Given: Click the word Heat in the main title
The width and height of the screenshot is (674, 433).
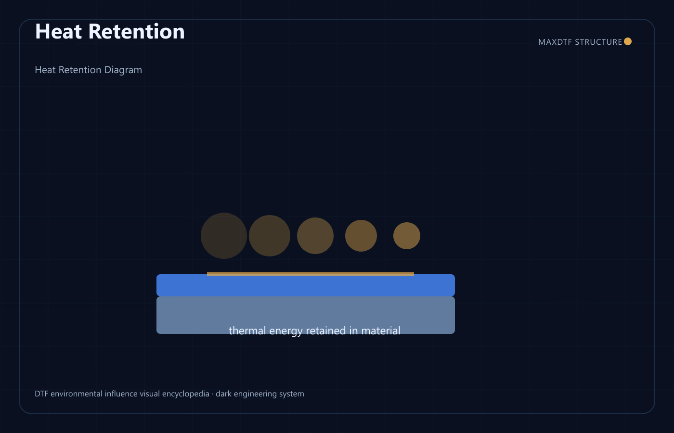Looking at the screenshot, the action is tap(58, 31).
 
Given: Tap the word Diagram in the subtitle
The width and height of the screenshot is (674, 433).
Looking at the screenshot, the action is tap(123, 70).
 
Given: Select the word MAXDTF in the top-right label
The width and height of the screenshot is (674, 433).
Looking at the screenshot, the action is tap(555, 42).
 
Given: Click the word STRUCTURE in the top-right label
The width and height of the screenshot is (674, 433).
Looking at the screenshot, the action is tap(598, 42).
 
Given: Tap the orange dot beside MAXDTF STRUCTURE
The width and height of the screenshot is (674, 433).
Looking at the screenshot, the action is tap(628, 41).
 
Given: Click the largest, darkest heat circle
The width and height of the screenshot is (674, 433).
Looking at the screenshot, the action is tap(224, 236).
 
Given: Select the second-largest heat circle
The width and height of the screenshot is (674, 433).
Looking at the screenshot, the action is tap(270, 236).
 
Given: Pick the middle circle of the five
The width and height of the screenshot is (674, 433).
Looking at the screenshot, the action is tap(315, 236).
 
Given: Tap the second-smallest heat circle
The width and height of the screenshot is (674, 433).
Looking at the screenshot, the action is tap(361, 236).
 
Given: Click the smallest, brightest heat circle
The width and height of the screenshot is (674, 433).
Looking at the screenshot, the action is tap(407, 236).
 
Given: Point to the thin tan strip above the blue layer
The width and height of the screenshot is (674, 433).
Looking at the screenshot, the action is tap(311, 274).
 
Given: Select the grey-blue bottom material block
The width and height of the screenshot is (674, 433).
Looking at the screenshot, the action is tap(306, 315).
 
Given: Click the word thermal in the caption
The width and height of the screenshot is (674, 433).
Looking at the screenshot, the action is tap(247, 331).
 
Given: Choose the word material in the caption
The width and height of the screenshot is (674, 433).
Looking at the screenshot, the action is tap(381, 331).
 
